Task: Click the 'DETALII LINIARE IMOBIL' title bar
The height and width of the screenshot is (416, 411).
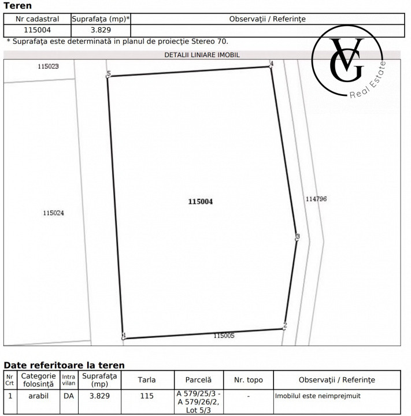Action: pyautogui.click(x=202, y=55)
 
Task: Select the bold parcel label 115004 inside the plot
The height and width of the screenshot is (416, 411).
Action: pyautogui.click(x=201, y=202)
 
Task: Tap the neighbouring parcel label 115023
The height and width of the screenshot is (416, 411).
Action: pyautogui.click(x=48, y=66)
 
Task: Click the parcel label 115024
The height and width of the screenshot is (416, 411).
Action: pyautogui.click(x=53, y=213)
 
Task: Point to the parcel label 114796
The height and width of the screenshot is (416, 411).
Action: pyautogui.click(x=316, y=199)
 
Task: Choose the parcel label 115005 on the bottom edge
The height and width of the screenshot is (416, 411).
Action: pyautogui.click(x=224, y=335)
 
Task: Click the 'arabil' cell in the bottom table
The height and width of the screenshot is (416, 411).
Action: pyautogui.click(x=38, y=396)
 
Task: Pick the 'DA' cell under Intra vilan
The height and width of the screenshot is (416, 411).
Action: pyautogui.click(x=68, y=396)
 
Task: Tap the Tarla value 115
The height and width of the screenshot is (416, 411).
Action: pyautogui.click(x=147, y=396)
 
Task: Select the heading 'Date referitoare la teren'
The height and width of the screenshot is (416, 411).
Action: pyautogui.click(x=64, y=365)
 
